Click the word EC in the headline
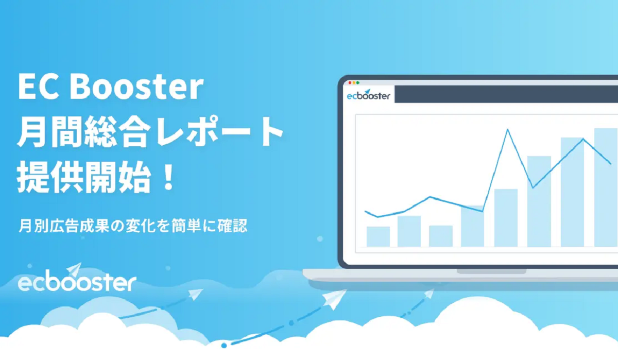click(x=38, y=87)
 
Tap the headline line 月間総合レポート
click(x=150, y=132)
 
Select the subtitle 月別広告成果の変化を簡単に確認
click(x=133, y=226)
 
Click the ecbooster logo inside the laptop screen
click(x=369, y=95)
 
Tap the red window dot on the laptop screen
click(x=350, y=83)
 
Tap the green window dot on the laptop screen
click(x=358, y=83)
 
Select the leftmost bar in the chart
click(x=378, y=236)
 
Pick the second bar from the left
click(x=409, y=231)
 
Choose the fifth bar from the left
click(x=506, y=218)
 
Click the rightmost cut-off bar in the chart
click(x=606, y=187)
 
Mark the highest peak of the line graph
click(x=508, y=129)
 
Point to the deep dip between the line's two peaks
click(x=533, y=187)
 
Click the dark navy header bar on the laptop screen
click(x=506, y=94)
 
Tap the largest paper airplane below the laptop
click(x=334, y=299)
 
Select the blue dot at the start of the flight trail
click(x=224, y=346)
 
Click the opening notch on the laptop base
click(x=491, y=272)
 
